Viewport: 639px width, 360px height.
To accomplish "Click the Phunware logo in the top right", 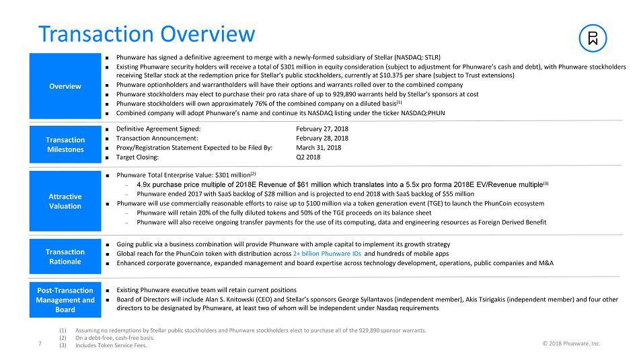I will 593,39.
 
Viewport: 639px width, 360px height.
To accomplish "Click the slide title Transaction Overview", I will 147,34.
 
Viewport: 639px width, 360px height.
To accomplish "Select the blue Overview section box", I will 65,86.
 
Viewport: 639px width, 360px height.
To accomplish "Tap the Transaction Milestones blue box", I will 65,144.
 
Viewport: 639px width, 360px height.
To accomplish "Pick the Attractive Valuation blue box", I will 65,201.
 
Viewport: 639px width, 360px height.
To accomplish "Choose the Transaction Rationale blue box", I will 65,256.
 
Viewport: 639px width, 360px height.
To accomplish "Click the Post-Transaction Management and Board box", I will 65,300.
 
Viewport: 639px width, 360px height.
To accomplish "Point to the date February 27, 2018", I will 322,129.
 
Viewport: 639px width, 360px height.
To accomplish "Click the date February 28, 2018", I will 322,138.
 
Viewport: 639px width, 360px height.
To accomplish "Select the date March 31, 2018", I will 318,147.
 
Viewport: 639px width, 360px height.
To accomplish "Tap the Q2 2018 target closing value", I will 308,157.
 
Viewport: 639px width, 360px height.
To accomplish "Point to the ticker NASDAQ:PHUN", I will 422,113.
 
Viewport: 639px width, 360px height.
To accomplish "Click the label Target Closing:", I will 137,157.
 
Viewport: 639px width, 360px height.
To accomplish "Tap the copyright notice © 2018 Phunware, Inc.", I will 571,344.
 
